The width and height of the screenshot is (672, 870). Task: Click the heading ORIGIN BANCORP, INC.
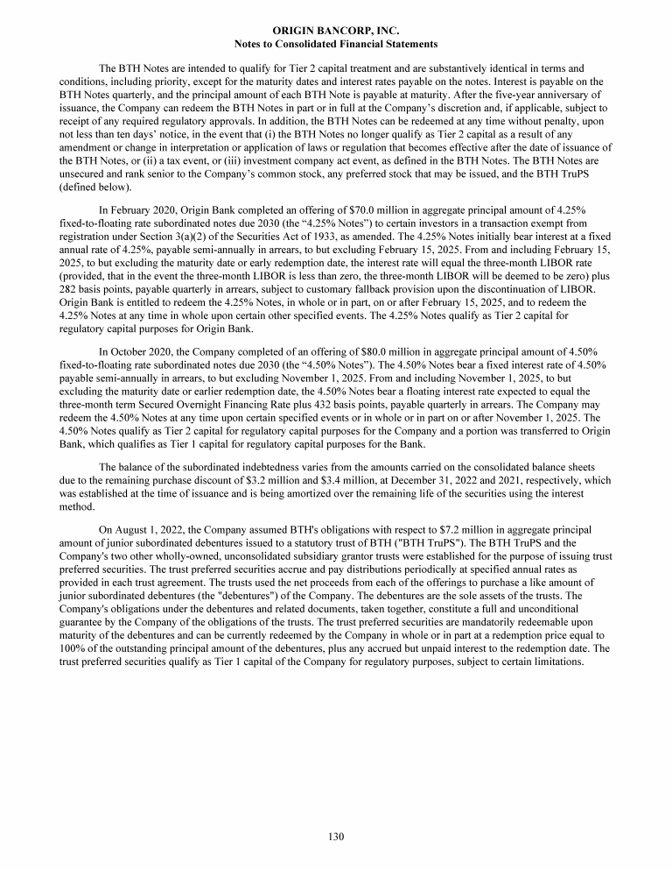pyautogui.click(x=336, y=30)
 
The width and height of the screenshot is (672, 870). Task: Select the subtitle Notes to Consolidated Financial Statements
pyautogui.click(x=336, y=43)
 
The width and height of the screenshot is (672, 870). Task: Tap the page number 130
pyautogui.click(x=336, y=837)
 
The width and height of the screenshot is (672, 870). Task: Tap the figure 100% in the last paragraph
pyautogui.click(x=71, y=648)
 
